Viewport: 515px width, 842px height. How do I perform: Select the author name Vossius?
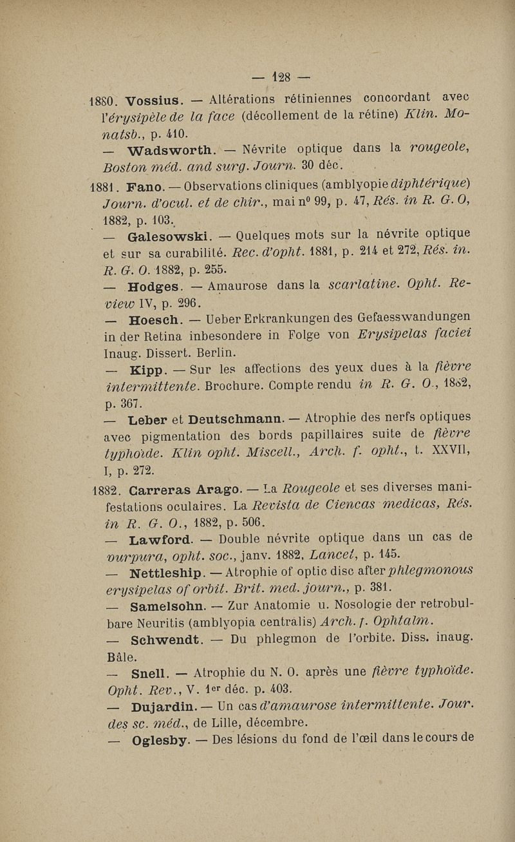154,100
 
